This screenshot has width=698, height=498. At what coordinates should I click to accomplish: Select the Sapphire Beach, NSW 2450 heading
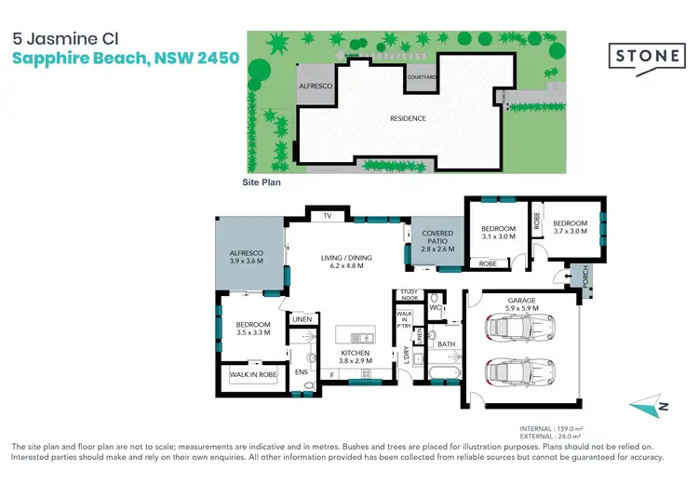(125, 58)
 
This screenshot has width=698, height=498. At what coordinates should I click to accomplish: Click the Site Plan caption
(261, 183)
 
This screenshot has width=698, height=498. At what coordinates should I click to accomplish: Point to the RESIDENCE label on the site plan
(408, 118)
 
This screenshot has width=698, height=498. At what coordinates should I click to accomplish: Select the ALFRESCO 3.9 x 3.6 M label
(247, 257)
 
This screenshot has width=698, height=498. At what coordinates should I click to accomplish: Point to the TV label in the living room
(327, 216)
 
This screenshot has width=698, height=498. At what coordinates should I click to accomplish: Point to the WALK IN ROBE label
(252, 374)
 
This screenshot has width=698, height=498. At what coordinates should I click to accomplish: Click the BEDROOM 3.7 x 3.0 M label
(570, 228)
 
